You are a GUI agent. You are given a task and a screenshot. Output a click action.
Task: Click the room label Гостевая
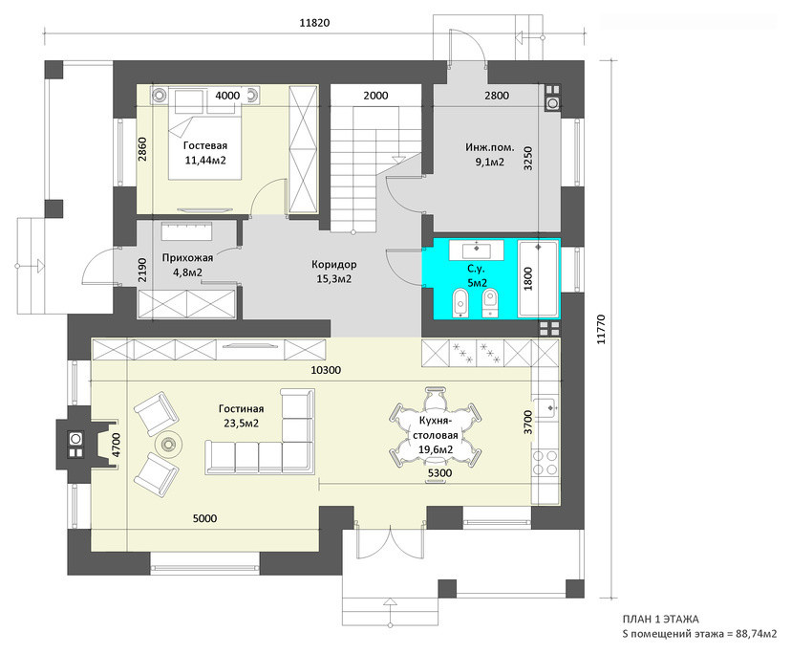(x=204, y=145)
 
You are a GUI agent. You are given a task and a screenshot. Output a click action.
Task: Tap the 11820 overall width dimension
(x=314, y=23)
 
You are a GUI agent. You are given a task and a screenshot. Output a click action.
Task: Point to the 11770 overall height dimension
(x=601, y=329)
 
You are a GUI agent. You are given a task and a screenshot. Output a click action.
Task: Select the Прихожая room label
(x=187, y=257)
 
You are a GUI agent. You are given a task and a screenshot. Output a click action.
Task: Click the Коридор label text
(x=334, y=264)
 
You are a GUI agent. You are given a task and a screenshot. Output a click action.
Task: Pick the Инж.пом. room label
(x=490, y=147)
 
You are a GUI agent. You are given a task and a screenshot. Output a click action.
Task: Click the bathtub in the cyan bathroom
(x=538, y=278)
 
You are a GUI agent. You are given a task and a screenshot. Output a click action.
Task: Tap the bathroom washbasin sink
(x=476, y=250)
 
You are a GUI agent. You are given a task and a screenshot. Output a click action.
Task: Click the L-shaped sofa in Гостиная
(x=260, y=432)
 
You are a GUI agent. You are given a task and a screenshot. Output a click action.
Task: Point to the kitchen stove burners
(x=545, y=463)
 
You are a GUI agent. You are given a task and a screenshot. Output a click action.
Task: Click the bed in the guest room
(x=203, y=134)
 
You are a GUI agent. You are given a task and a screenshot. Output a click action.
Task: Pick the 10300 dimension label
(x=326, y=370)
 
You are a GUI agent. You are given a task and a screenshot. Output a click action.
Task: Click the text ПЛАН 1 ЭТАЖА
(x=661, y=620)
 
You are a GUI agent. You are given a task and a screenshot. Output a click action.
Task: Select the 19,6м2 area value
(x=436, y=449)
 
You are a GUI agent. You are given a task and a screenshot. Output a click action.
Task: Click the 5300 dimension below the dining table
(x=439, y=472)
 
